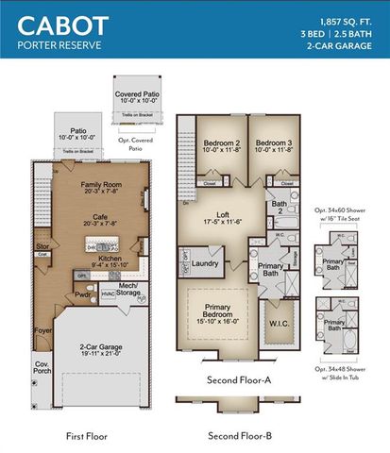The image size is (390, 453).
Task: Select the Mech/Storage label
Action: click(128, 289)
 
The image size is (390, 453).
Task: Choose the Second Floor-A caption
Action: click(241, 381)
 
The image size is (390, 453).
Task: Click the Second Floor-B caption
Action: click(241, 436)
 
